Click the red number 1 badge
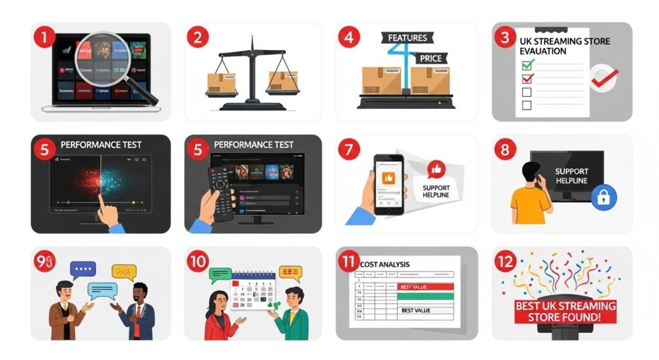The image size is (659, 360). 44,37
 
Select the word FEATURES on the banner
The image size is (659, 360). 407,38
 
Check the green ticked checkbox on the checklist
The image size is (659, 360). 527,64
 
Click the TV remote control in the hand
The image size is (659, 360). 220,191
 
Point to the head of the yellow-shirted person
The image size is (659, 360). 532,172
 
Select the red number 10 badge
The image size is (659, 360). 198,261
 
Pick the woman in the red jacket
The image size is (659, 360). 220,316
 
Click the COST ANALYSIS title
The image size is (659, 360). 385,265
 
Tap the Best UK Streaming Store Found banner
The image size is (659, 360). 564,311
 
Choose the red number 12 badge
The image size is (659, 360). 505,261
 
